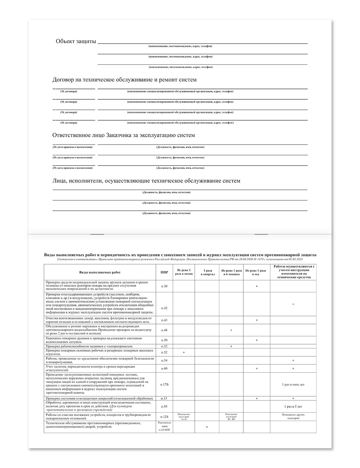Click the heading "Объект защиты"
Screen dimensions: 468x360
click(x=76, y=41)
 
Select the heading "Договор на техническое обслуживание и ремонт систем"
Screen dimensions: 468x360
click(x=125, y=80)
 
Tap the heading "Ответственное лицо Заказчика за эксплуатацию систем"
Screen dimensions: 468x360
click(x=123, y=135)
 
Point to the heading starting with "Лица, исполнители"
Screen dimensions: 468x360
click(x=146, y=181)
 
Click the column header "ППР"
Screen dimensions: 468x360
click(x=164, y=273)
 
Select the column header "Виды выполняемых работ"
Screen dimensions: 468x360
click(x=100, y=273)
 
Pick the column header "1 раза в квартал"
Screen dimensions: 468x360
click(x=207, y=273)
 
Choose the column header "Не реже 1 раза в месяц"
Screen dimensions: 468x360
click(x=184, y=272)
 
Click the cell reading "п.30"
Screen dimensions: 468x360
click(x=164, y=286)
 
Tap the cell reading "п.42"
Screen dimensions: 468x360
click(x=164, y=308)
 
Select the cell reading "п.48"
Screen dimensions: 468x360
click(x=164, y=330)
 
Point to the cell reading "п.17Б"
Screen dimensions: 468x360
click(x=164, y=384)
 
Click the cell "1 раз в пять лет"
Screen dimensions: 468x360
click(x=293, y=384)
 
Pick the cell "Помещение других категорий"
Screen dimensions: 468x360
click(x=293, y=417)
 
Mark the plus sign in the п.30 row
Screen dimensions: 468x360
click(x=257, y=286)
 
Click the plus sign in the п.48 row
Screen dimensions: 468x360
click(x=231, y=330)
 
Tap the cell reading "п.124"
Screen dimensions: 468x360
click(x=164, y=417)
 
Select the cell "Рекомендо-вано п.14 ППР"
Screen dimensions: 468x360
click(x=164, y=427)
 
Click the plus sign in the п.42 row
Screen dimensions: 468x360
click(x=293, y=304)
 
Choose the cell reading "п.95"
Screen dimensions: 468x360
click(x=164, y=406)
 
